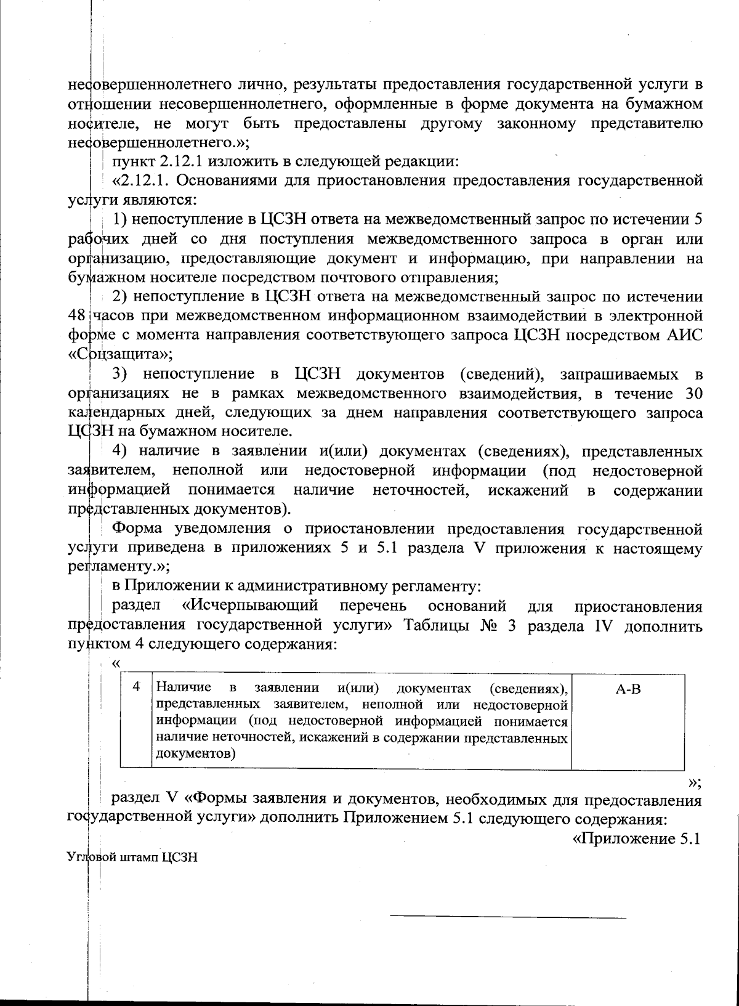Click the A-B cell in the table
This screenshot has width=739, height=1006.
628,689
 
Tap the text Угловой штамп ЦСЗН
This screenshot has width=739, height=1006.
132,857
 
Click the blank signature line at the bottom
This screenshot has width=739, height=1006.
508,917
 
